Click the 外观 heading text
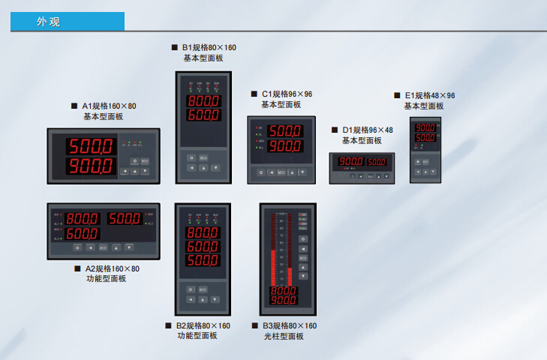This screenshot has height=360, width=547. click(49, 22)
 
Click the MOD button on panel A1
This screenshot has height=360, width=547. click(145, 160)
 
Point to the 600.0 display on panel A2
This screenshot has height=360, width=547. click(82, 234)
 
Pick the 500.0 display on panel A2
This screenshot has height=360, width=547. click(124, 219)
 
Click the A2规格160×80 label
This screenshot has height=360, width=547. click(110, 268)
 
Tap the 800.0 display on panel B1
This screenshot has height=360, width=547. click(203, 101)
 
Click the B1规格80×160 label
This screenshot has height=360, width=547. click(208, 47)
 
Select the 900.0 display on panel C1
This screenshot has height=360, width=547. click(285, 147)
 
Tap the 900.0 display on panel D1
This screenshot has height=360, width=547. click(351, 162)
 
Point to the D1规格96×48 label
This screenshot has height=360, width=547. click(367, 130)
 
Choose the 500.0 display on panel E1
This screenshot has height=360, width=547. click(425, 138)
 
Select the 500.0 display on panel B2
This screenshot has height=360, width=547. click(203, 262)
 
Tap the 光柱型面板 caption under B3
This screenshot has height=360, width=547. click(284, 336)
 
